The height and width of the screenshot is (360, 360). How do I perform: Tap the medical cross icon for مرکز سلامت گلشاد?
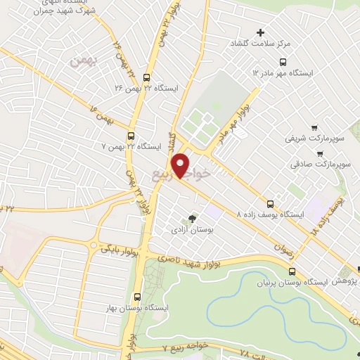coord(261,32)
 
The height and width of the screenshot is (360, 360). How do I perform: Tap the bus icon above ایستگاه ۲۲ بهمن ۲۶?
coord(146,78)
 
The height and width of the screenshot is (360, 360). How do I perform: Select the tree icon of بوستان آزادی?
coord(193,218)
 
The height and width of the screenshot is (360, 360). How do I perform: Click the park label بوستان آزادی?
coord(192,229)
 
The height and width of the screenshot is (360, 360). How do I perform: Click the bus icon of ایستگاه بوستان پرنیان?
coord(292,272)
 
